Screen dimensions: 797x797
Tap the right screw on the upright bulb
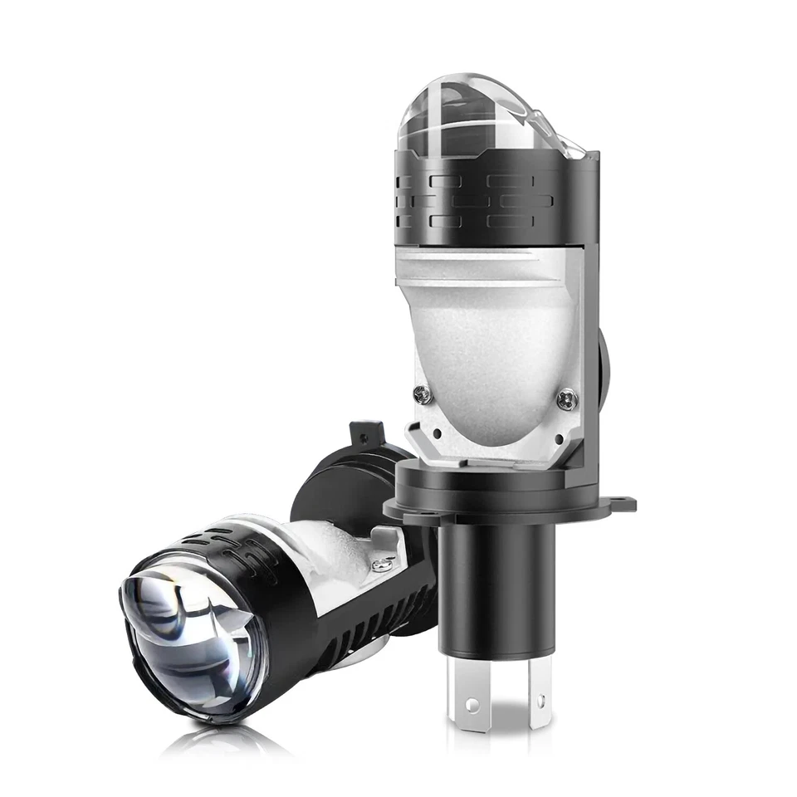568,399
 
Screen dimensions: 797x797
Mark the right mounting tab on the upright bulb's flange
621,503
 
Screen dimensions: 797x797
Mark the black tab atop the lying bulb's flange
366,434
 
